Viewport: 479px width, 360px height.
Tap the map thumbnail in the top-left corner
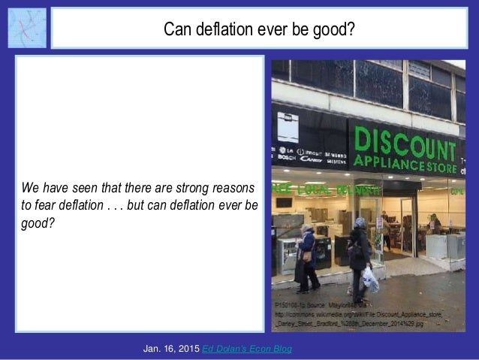click(27, 28)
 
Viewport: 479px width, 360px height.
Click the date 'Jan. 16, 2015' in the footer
click(172, 349)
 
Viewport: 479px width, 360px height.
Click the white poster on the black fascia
click(288, 127)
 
